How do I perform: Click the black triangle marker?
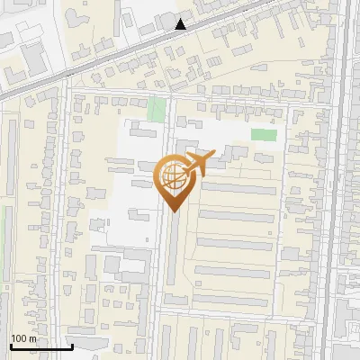tap(181, 24)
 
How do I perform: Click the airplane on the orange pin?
tap(198, 163)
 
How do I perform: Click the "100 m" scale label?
tap(23, 338)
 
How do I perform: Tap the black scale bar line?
tap(40, 346)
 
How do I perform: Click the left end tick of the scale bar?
tap(10, 345)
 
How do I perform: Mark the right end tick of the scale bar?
tap(72, 345)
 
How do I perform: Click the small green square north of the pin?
tap(157, 110)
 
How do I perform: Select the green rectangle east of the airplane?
tap(264, 135)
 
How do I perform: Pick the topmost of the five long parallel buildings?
tap(237, 189)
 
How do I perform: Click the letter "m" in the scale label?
tap(32, 338)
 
